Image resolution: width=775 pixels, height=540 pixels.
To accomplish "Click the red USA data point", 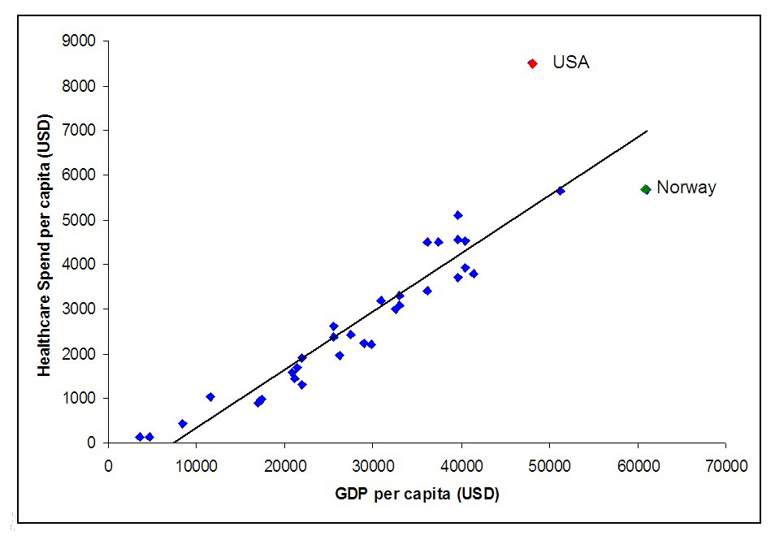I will (x=532, y=63).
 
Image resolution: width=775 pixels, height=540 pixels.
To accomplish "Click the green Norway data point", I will (x=646, y=189).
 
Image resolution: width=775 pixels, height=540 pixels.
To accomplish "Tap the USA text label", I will (x=570, y=63).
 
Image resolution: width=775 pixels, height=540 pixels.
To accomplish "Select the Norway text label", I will (x=686, y=188).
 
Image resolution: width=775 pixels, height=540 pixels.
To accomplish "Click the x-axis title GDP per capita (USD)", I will (x=416, y=495).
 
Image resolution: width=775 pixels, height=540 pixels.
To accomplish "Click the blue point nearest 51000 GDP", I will (x=561, y=191).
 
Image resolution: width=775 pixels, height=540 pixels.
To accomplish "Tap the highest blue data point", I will (x=458, y=215).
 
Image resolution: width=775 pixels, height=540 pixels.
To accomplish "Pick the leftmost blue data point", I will (x=140, y=437).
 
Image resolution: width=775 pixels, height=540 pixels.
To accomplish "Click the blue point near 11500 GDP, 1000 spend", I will (x=210, y=397).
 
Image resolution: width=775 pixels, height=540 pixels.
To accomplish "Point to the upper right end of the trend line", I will (x=647, y=131).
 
